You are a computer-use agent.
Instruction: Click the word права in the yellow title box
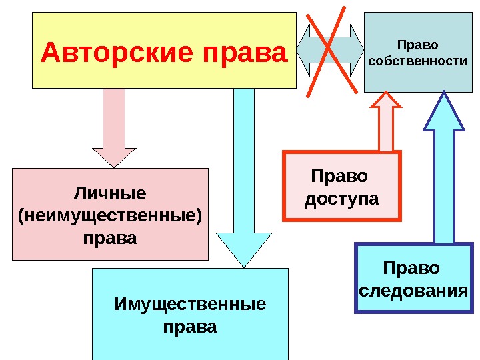(242, 51)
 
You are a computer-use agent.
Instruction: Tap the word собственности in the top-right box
(417, 61)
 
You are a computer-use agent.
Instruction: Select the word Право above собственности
(417, 45)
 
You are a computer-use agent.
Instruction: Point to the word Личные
(110, 193)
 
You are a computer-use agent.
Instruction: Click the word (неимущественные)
(110, 215)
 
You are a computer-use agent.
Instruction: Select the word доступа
(341, 199)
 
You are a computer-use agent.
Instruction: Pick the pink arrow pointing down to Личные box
(114, 127)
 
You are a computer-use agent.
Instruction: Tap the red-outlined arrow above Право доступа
(385, 123)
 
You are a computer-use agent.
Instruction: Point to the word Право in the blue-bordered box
(412, 268)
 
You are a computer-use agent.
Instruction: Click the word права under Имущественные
(190, 327)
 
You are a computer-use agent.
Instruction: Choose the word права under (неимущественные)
(110, 237)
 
